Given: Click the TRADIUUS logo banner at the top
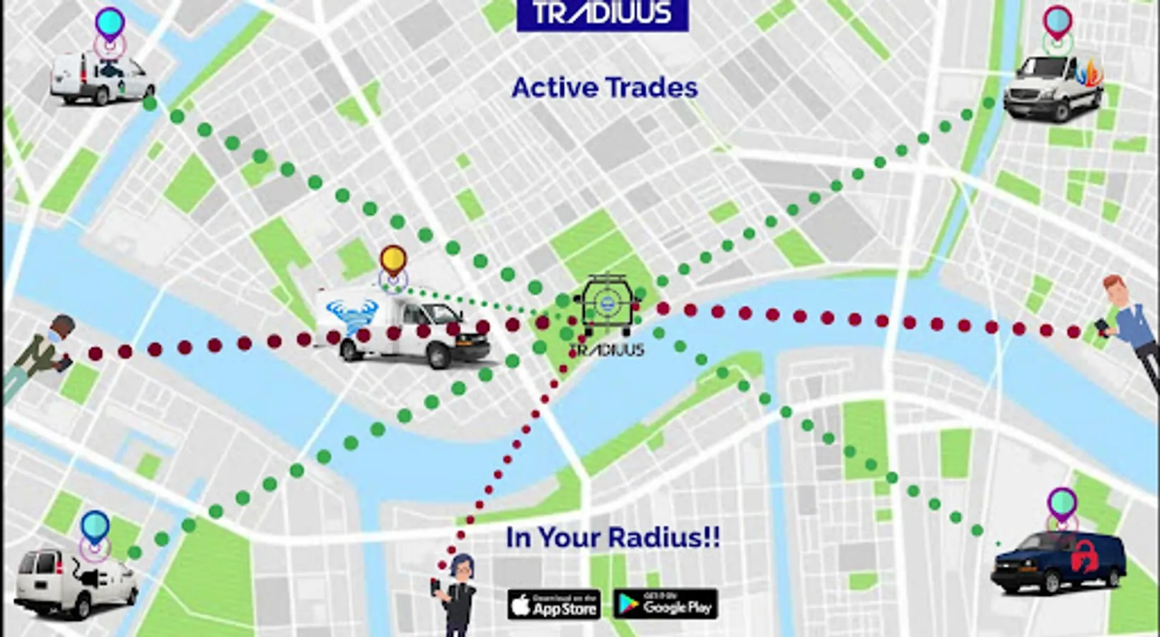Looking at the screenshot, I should pyautogui.click(x=602, y=13).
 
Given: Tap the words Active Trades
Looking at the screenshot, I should pyautogui.click(x=604, y=88).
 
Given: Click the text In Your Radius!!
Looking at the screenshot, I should pyautogui.click(x=613, y=537).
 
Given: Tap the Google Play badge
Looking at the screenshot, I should pyautogui.click(x=665, y=604).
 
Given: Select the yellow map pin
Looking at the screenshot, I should pyautogui.click(x=393, y=260).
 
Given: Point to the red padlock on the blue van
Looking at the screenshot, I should pyautogui.click(x=1083, y=556).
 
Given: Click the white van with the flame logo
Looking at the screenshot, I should pyautogui.click(x=1052, y=89).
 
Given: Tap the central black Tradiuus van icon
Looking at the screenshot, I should pyautogui.click(x=606, y=307).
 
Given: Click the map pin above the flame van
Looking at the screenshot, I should pyautogui.click(x=1057, y=21).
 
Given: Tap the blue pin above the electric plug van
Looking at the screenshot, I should pyautogui.click(x=95, y=526).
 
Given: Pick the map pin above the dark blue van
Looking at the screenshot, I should pyautogui.click(x=1062, y=503).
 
